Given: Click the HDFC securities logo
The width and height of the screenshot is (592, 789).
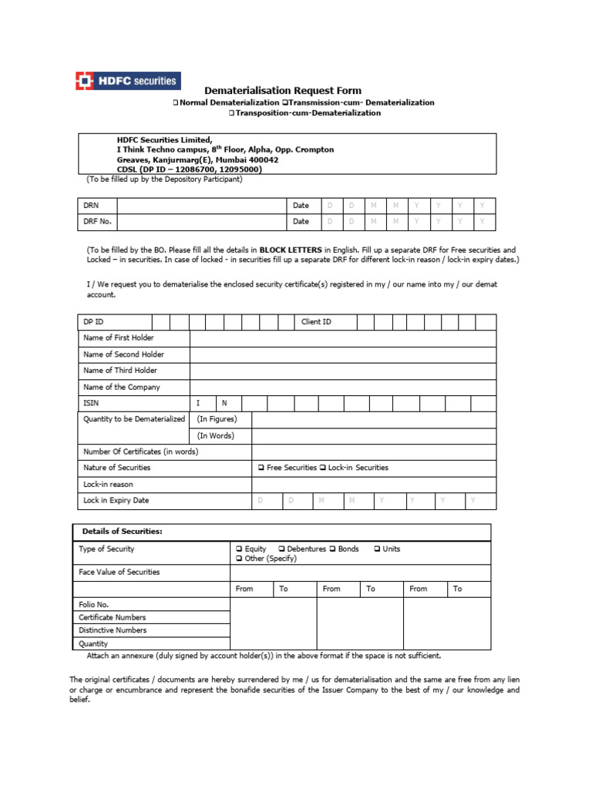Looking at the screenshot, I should (127, 80).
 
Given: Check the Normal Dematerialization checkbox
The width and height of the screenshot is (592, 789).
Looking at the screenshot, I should (176, 102).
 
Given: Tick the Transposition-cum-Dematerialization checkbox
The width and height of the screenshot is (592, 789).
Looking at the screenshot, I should (231, 113).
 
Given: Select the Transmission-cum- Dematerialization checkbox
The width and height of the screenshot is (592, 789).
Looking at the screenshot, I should (284, 102).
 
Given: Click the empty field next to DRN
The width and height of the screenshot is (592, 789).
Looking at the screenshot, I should (200, 206).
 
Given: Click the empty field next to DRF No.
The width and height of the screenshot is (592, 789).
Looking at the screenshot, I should (200, 222).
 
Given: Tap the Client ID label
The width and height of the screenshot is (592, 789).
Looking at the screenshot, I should (316, 322).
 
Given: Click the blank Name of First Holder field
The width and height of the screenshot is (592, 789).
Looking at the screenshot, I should (343, 338).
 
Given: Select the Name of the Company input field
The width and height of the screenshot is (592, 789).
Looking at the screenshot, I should (343, 388).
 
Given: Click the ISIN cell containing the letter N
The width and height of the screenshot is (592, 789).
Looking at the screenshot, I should (225, 404).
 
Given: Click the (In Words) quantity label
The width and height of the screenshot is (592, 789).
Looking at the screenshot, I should (216, 436).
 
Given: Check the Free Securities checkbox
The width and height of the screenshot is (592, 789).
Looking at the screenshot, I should (261, 468).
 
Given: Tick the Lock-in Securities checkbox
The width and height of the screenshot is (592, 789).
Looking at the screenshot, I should (323, 468).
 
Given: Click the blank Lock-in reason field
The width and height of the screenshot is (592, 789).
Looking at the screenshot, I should (374, 485).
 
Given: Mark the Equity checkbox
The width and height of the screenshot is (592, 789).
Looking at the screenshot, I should (239, 549).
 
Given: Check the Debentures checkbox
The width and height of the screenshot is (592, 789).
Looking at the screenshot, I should (282, 549).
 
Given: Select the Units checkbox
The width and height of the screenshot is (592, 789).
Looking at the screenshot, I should (377, 549).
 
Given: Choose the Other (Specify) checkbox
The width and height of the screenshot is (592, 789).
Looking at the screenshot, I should (239, 559).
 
